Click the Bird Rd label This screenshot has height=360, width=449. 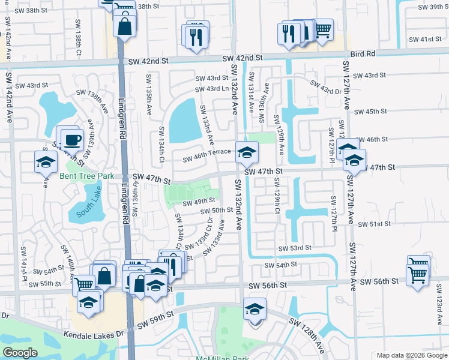coord(363,53)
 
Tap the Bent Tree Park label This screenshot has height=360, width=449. coord(86,176)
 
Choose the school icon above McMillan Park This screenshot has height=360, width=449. coord(255,310)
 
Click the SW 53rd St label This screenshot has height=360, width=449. coord(295,248)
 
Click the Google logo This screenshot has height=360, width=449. coord(20,353)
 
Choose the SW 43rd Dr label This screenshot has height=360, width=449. coord(326,88)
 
